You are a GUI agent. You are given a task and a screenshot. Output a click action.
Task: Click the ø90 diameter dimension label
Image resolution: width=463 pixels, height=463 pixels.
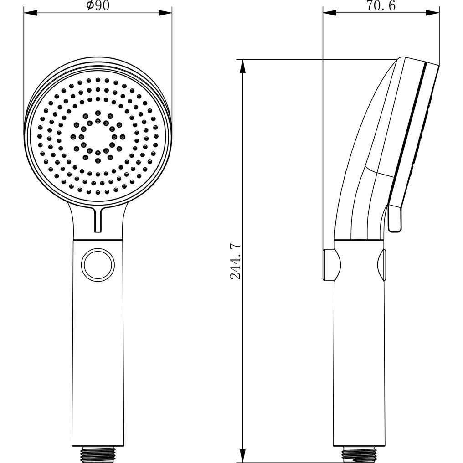[98, 5]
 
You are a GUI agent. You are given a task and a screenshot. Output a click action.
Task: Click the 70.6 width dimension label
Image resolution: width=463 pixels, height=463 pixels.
[381, 5]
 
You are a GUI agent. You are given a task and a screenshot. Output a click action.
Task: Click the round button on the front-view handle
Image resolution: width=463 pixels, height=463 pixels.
[98, 264]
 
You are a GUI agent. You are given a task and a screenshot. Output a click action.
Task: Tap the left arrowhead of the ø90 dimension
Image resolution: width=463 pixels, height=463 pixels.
[31, 13]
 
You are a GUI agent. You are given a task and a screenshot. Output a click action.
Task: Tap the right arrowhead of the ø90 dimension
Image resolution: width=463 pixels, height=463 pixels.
[165, 13]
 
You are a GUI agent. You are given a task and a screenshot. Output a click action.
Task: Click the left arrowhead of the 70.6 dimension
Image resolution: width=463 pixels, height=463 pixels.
[329, 13]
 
